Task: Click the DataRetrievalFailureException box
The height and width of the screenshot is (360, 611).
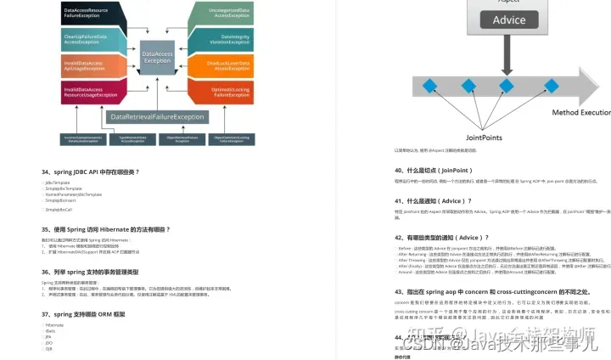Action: (x=158, y=116)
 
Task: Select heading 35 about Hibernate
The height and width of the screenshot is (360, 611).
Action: (x=105, y=229)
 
